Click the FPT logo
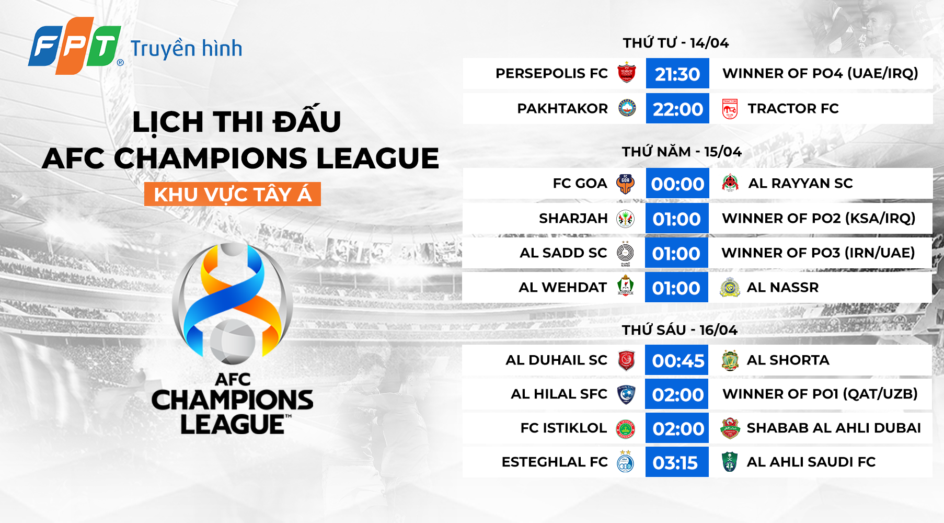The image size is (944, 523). click(75, 46)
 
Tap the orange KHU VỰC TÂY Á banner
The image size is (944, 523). click(233, 195)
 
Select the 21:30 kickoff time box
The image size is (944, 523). click(677, 74)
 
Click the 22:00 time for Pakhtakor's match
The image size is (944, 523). click(677, 109)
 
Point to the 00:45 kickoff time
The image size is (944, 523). click(677, 360)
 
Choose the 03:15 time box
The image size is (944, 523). click(676, 462)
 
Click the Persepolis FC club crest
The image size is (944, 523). click(626, 73)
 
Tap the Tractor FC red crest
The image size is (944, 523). click(730, 109)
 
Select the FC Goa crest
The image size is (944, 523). click(625, 184)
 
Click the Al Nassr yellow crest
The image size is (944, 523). click(730, 288)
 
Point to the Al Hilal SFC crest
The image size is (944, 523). click(626, 394)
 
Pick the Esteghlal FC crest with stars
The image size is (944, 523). click(625, 462)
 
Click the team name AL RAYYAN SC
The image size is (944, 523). click(800, 184)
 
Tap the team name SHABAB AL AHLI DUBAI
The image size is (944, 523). click(833, 428)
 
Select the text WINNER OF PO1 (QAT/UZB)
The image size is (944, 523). click(820, 394)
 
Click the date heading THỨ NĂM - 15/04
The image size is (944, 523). click(681, 152)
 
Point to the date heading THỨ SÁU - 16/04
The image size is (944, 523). click(679, 330)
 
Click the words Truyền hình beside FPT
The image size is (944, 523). click(186, 49)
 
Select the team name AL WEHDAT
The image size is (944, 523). click(562, 288)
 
